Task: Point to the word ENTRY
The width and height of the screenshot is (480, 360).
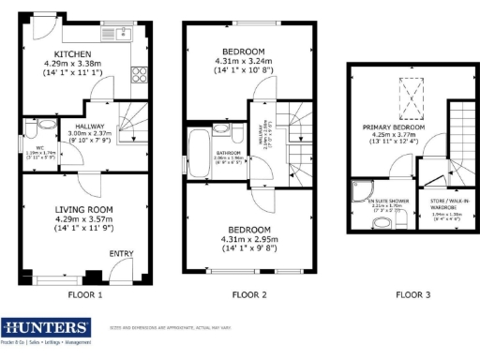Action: pos(122,253)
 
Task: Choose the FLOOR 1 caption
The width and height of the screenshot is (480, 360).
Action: pos(85,294)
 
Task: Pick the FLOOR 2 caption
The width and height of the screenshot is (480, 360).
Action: pos(249,294)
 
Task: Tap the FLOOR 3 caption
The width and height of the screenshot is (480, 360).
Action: pos(412,294)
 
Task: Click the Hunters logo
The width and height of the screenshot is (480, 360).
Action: pos(47,328)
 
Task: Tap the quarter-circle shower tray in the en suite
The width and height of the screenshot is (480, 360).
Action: pos(360,194)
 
